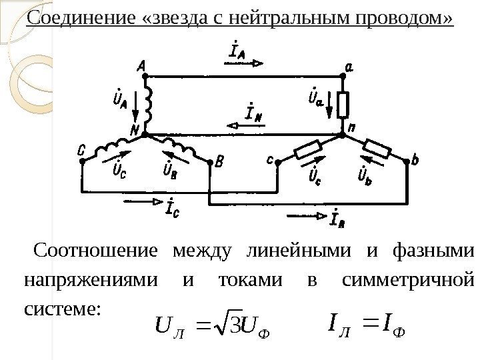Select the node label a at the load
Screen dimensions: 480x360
(349, 65)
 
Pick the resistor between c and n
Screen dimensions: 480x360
(309, 149)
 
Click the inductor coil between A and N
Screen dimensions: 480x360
(149, 103)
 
